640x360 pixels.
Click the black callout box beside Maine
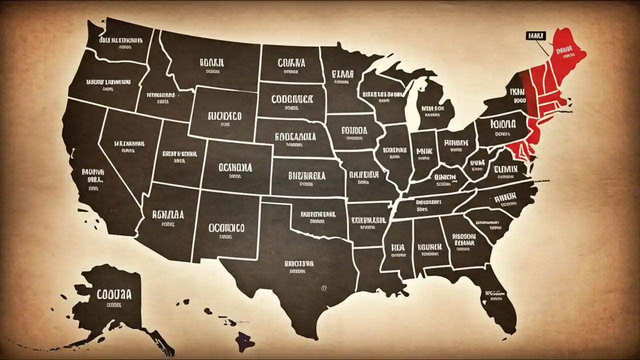pos(535,35)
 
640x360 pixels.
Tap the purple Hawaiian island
pos(245,341)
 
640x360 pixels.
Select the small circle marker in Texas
pos(323,288)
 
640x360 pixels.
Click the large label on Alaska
pos(111,293)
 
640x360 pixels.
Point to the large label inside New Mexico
pos(226,227)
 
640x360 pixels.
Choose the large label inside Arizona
pos(168,215)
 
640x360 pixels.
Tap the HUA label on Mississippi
pos(397,246)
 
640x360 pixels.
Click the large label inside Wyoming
pos(223,116)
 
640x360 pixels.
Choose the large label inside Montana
pos(212,63)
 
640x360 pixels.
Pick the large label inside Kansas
pos(307,176)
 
